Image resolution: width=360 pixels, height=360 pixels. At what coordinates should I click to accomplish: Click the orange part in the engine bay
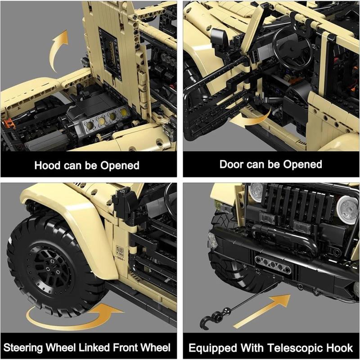(x=9, y=122)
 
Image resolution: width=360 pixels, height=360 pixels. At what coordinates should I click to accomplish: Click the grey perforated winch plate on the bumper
(x=273, y=265)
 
